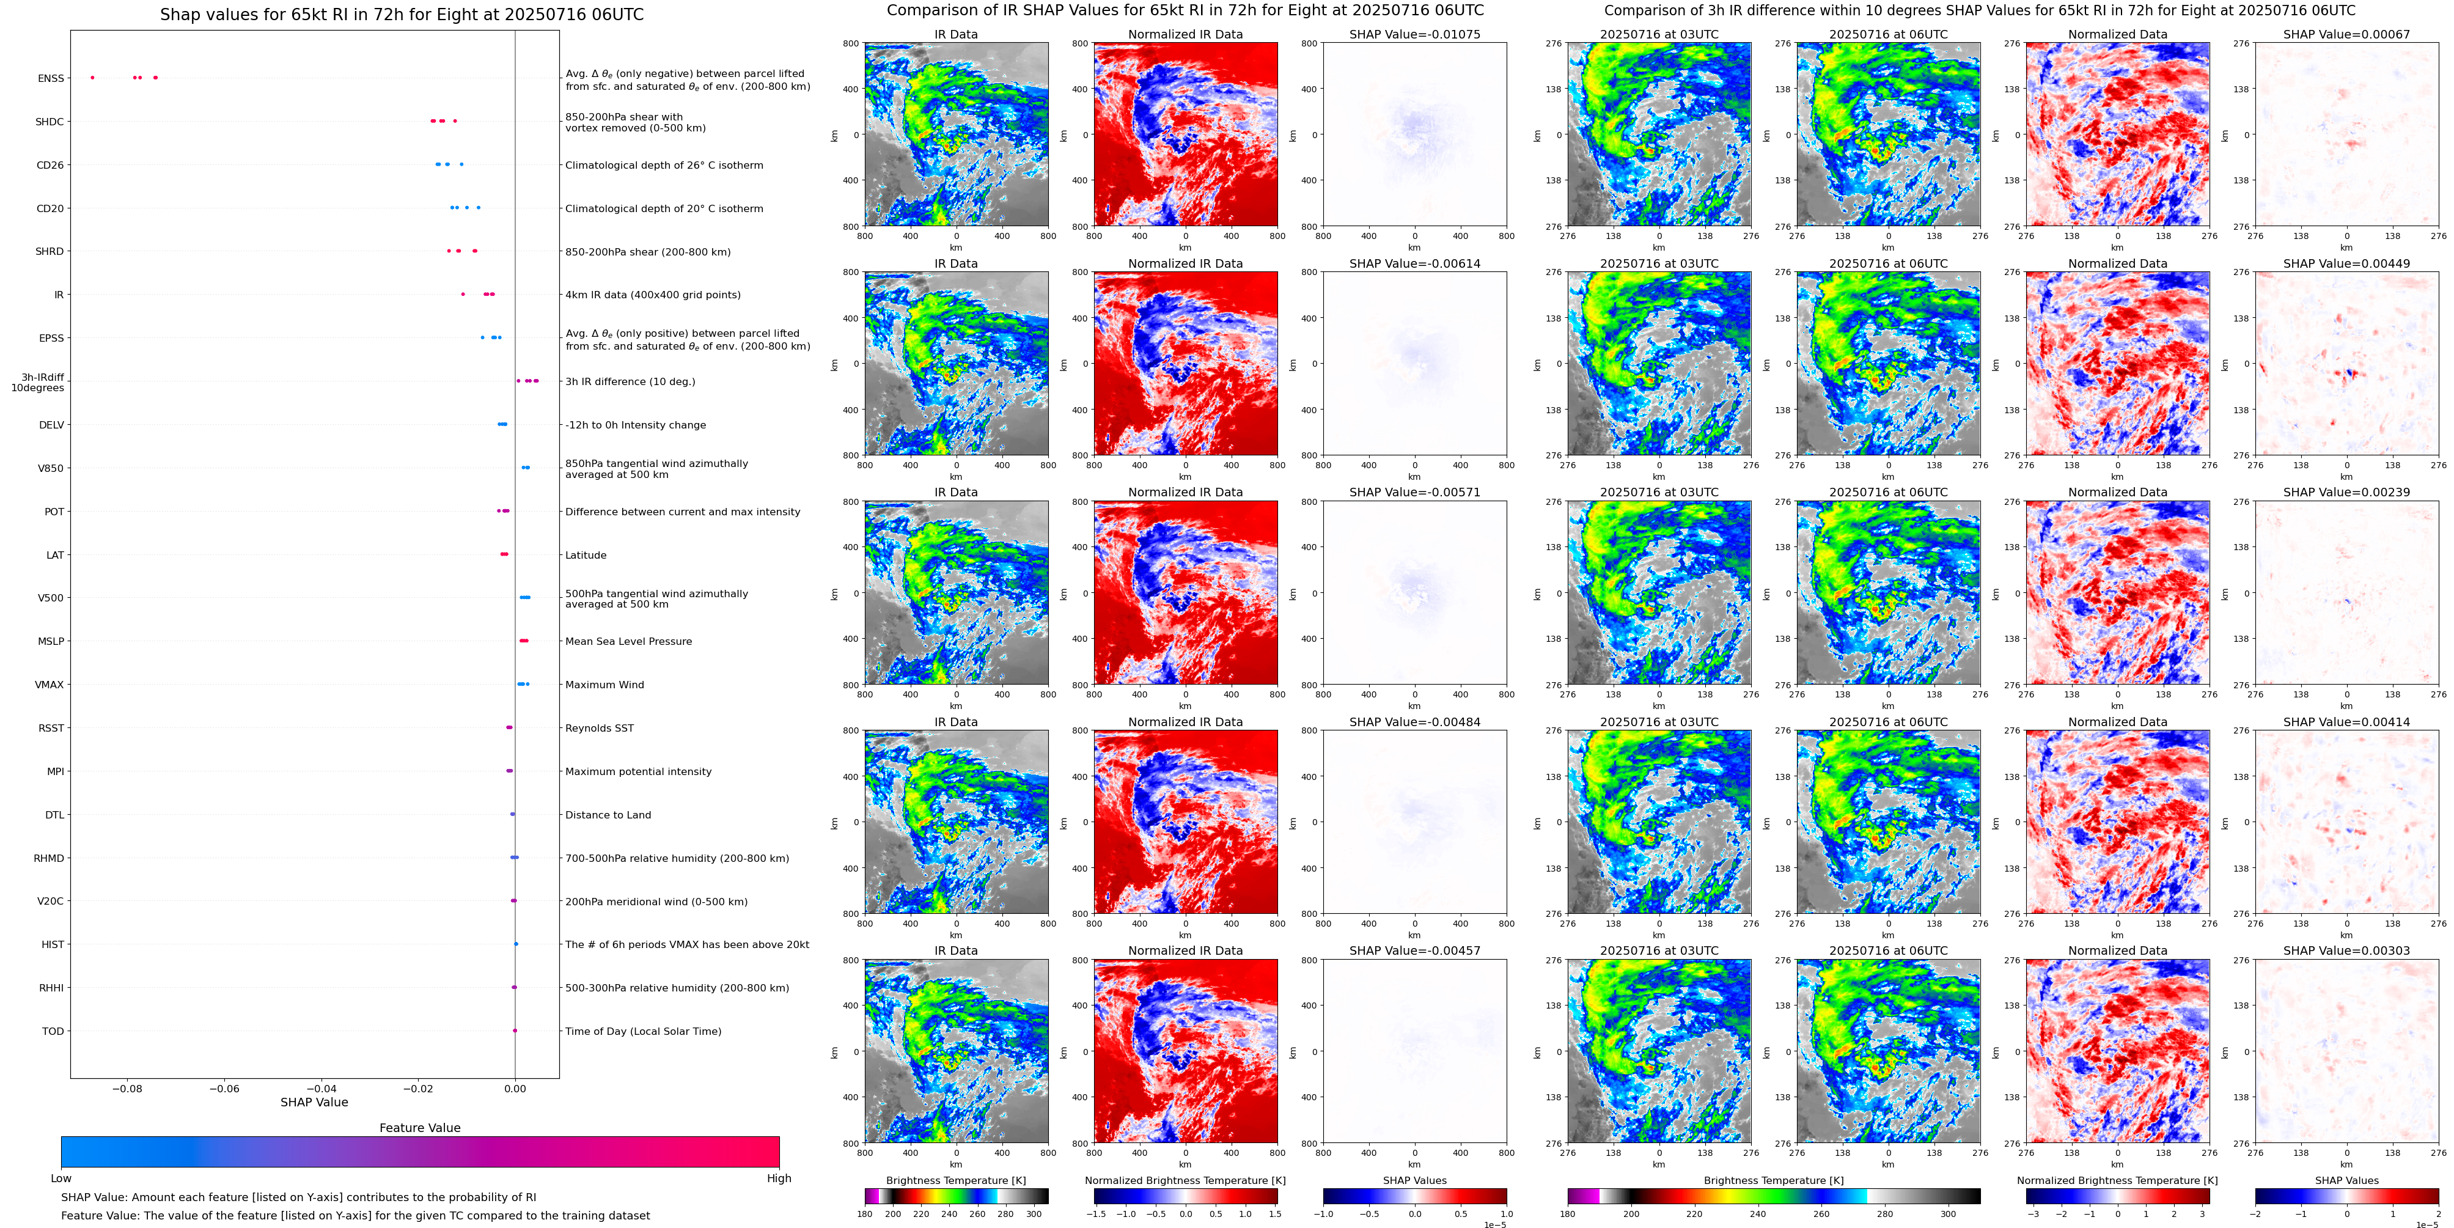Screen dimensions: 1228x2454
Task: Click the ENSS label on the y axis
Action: [51, 78]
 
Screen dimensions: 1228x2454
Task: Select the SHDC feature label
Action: [50, 122]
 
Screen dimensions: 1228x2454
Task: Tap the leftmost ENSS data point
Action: [92, 77]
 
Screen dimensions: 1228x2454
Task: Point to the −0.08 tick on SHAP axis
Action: [127, 1088]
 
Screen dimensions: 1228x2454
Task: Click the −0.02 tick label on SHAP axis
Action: [417, 1088]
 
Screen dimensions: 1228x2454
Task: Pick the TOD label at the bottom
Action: [53, 1031]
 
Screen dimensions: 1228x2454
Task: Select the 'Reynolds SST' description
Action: [598, 728]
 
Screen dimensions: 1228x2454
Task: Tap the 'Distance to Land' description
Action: [608, 815]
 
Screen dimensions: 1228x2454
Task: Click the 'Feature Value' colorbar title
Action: [419, 1128]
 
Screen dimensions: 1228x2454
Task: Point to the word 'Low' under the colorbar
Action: [61, 1178]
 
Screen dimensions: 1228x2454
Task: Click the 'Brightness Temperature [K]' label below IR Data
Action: [955, 1180]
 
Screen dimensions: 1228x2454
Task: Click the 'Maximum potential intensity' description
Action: [637, 771]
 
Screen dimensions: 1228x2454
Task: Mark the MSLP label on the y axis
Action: [51, 641]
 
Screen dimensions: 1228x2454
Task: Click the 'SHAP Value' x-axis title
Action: [314, 1102]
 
